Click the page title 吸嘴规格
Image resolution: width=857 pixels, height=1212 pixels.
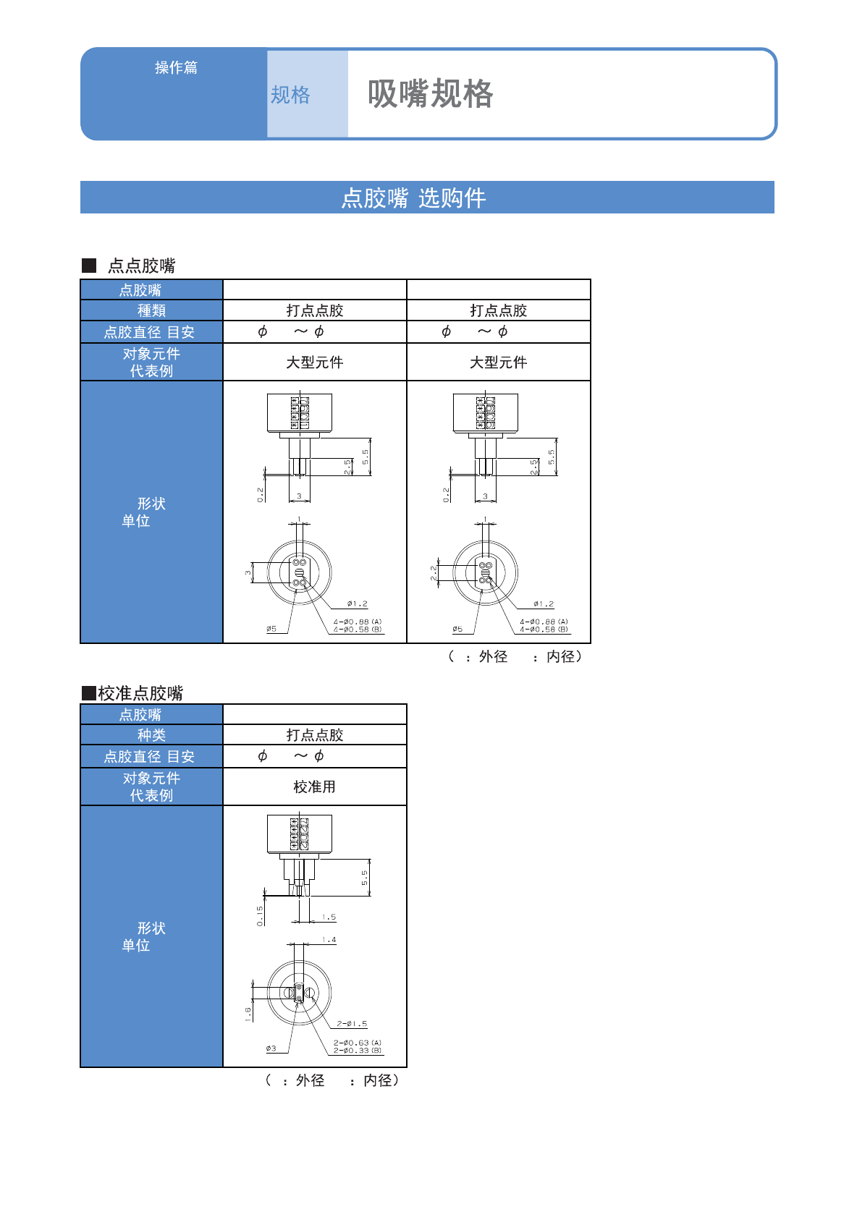click(430, 94)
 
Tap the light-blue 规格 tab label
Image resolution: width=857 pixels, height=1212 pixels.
click(290, 95)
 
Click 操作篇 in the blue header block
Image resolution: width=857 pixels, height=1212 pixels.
click(176, 67)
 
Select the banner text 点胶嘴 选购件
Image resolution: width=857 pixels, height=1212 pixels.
click(413, 198)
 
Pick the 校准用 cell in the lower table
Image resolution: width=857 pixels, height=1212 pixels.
click(314, 787)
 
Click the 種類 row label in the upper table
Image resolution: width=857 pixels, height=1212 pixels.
click(151, 310)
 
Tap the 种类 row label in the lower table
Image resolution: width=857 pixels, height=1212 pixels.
click(151, 735)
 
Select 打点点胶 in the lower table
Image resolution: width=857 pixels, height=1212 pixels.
click(314, 735)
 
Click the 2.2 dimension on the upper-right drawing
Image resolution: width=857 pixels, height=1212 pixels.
click(434, 572)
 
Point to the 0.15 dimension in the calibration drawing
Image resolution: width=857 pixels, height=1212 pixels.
click(260, 915)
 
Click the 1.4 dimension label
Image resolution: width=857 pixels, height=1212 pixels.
click(329, 940)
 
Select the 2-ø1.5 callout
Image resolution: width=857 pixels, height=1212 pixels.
click(352, 1024)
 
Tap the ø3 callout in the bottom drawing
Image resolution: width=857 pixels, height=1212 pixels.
click(271, 1048)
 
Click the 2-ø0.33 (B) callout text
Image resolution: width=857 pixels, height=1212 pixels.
click(357, 1051)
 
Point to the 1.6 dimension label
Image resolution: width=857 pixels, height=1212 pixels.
click(248, 1014)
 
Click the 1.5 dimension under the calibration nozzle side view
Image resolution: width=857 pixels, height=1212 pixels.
click(329, 918)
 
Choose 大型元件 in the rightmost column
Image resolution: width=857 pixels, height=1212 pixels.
click(498, 363)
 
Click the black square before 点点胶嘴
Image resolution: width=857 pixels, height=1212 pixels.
click(89, 266)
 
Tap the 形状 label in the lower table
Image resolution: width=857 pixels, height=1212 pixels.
click(151, 928)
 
